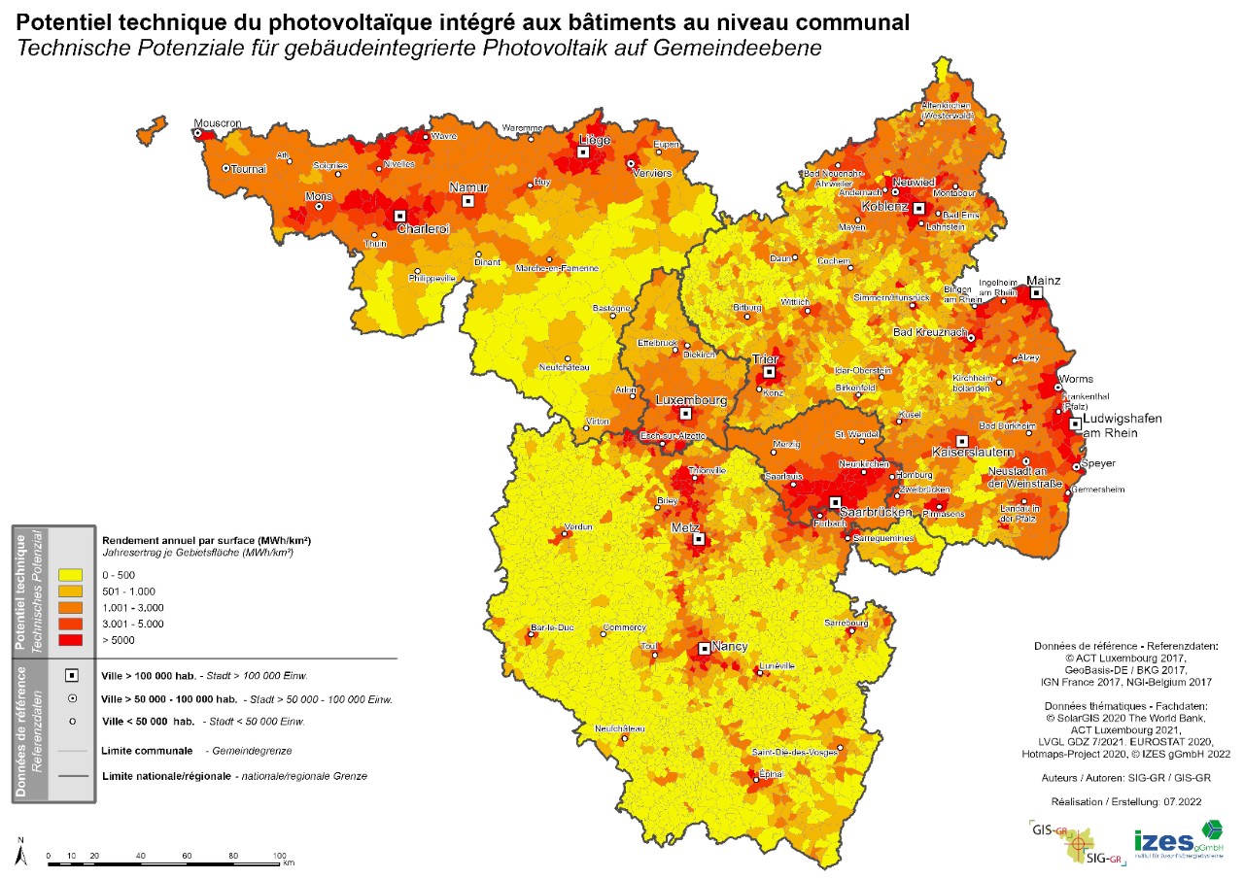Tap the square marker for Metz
coord(698,539)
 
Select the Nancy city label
coord(729,646)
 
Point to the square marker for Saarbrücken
coord(835,502)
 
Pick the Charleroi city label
coord(423,229)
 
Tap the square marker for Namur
coord(467,201)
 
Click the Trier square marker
coord(769,372)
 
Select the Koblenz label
coord(884,207)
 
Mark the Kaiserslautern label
coord(972,453)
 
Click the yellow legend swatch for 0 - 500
coord(70,575)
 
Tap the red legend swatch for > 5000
coord(70,640)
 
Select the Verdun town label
coord(577,526)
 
